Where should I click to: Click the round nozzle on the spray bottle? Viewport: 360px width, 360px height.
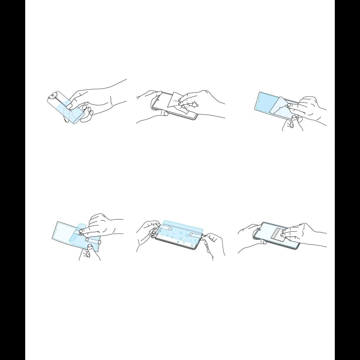53,95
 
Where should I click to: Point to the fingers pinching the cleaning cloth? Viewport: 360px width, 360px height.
184,105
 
